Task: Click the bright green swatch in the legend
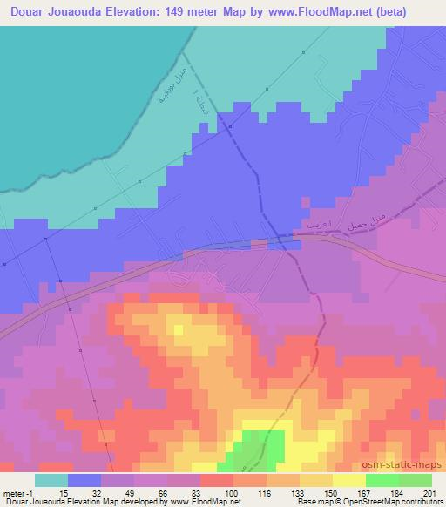click(x=382, y=480)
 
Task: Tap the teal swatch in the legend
click(x=51, y=480)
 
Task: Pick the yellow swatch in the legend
click(x=349, y=480)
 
